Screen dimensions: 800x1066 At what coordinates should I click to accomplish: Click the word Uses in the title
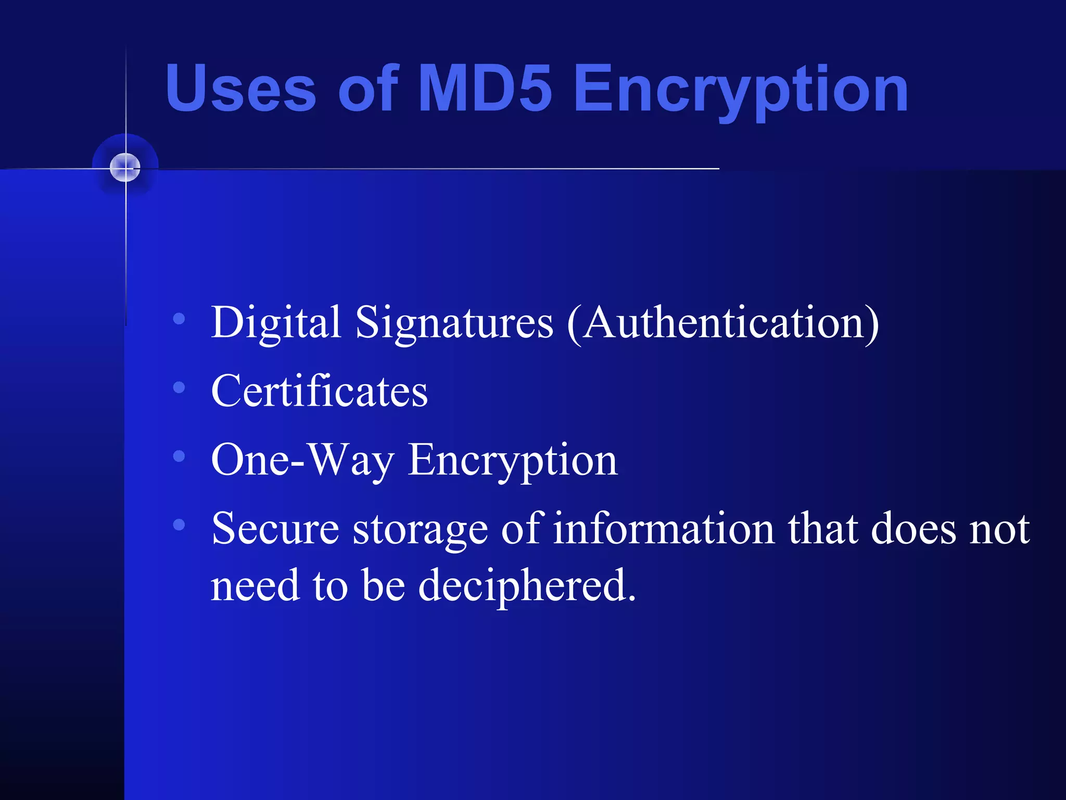pos(240,89)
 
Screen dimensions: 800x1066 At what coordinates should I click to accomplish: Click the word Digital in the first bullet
pos(276,323)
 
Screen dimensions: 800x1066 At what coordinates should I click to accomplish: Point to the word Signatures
pos(454,323)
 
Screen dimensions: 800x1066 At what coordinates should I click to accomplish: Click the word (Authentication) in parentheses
pos(722,323)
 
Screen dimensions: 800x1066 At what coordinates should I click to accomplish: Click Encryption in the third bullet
pos(513,460)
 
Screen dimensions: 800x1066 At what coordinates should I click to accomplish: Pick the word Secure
pos(275,529)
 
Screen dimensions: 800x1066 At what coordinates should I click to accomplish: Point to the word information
pos(664,529)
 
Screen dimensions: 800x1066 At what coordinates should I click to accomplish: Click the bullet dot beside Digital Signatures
pos(179,319)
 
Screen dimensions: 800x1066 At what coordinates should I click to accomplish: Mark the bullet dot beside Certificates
pos(179,387)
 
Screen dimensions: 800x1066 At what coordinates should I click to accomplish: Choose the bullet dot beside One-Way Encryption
pos(179,456)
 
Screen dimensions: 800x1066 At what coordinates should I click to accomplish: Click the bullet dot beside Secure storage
pos(179,524)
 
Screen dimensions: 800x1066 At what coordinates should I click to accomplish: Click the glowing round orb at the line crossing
pos(125,168)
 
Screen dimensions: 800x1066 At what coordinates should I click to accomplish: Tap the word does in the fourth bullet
pos(913,529)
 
